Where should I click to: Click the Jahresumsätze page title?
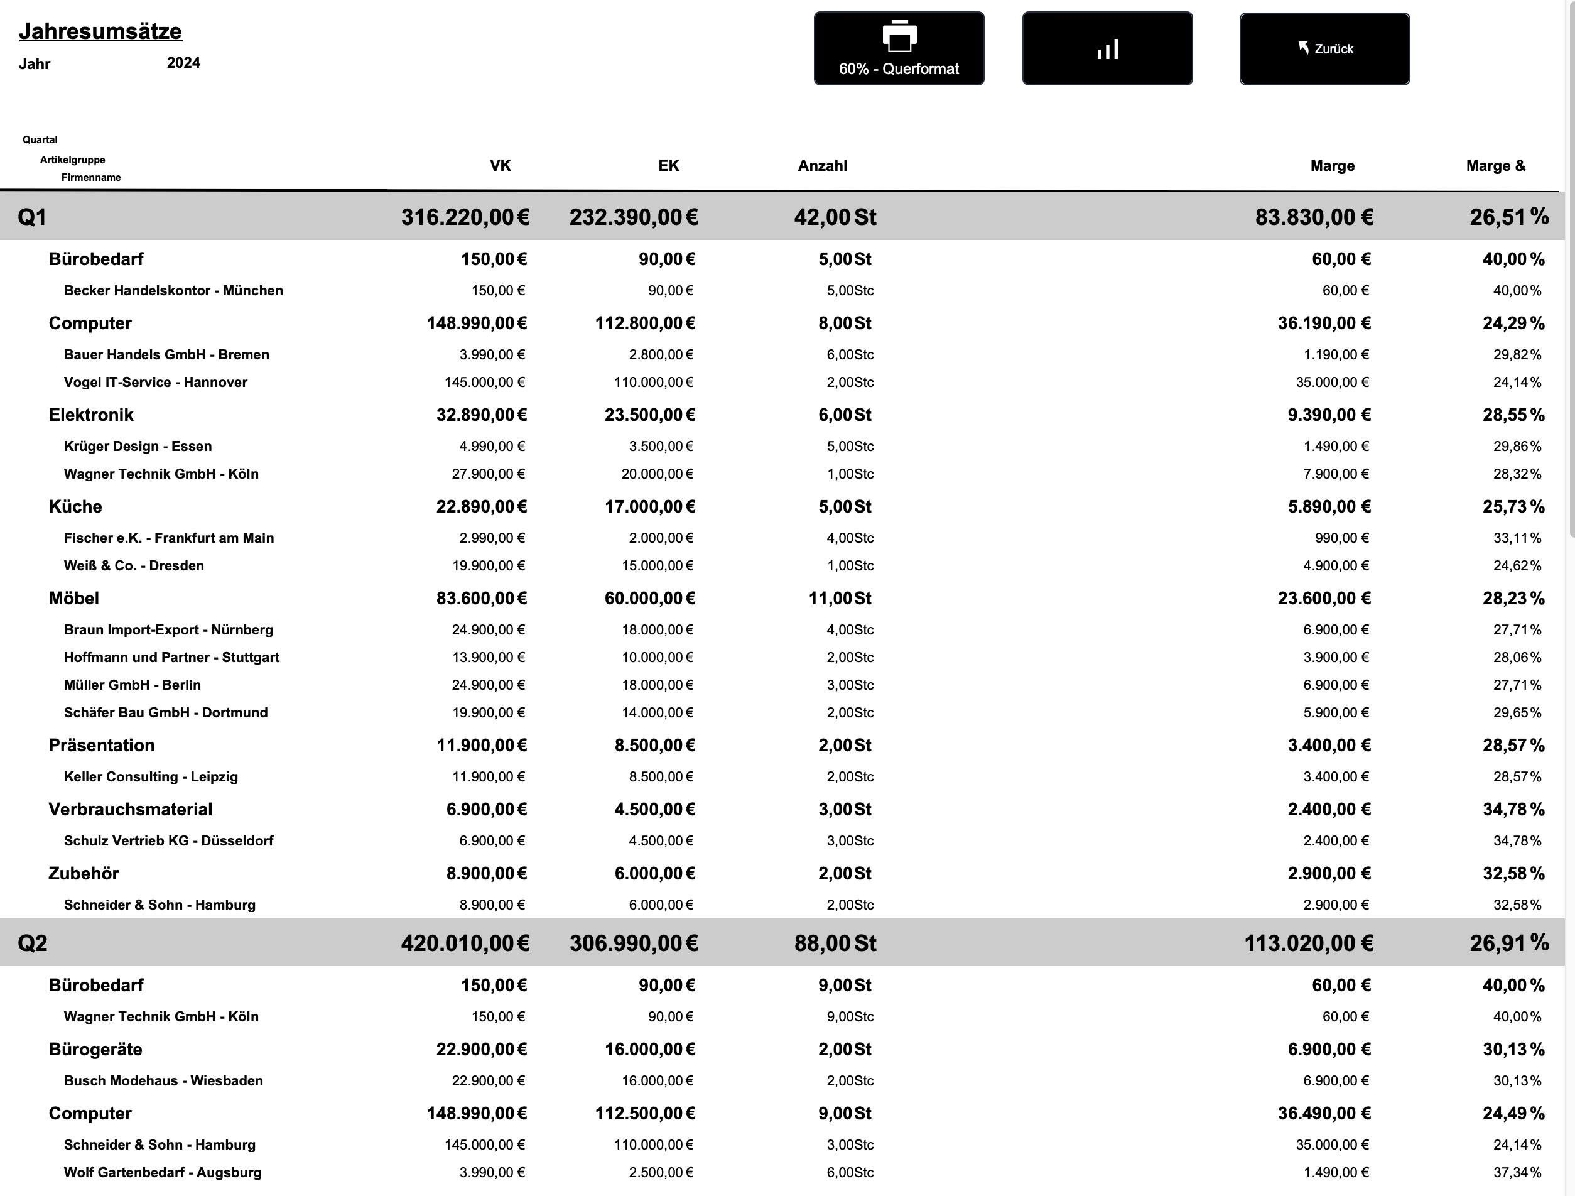(x=100, y=31)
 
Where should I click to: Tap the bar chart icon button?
(x=1107, y=48)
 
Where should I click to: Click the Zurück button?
(x=1324, y=48)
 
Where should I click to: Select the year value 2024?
(x=184, y=63)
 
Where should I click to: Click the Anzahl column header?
(x=823, y=166)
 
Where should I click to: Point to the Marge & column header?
(x=1495, y=166)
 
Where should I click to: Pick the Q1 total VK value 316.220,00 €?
(x=465, y=217)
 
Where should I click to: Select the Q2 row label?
(x=33, y=943)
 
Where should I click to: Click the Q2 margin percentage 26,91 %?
(x=1509, y=943)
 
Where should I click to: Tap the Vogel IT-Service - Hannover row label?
(x=155, y=383)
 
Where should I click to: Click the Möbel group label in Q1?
(x=74, y=599)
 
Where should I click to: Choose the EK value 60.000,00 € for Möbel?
(x=649, y=599)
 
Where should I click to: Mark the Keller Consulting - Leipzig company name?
(x=151, y=776)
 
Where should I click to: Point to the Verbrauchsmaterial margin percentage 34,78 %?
(x=1513, y=809)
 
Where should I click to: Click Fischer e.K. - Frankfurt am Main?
(x=169, y=538)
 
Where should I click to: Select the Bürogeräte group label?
(x=95, y=1049)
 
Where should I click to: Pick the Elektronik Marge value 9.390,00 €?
(x=1329, y=415)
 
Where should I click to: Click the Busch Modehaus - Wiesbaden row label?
(x=163, y=1080)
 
